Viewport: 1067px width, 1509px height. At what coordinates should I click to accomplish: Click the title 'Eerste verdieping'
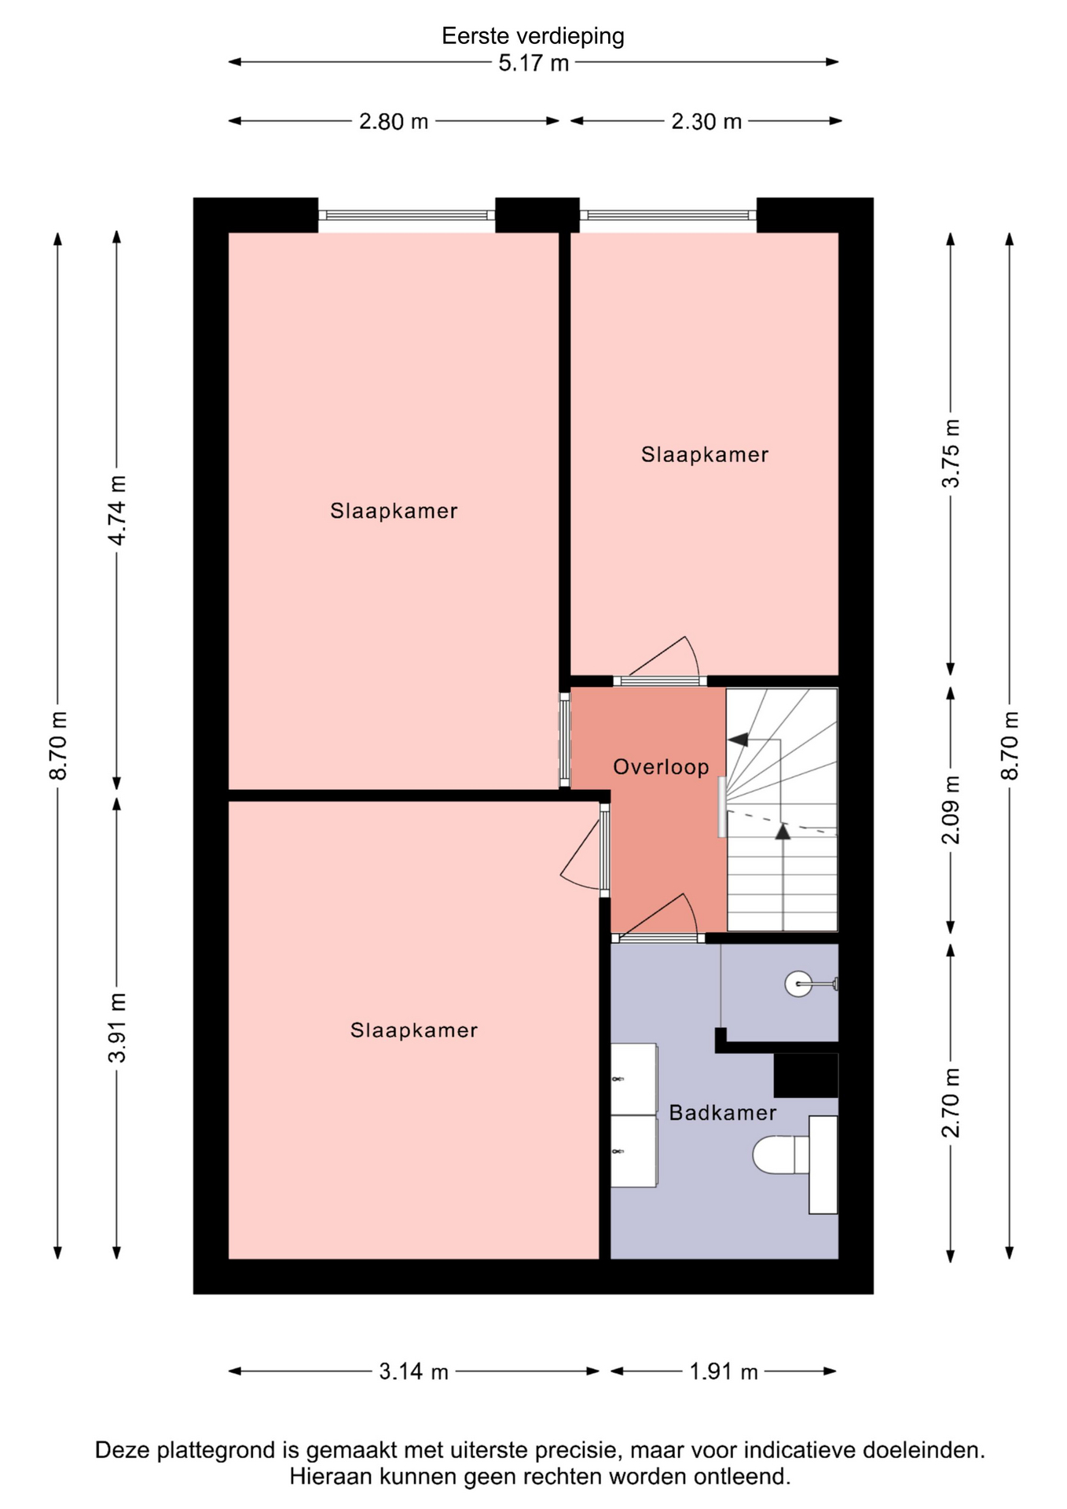(x=533, y=36)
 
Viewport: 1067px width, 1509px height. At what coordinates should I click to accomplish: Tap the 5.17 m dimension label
(x=533, y=63)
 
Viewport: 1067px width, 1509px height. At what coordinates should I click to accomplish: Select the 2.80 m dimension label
(x=394, y=122)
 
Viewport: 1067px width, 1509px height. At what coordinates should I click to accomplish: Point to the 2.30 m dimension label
(x=706, y=122)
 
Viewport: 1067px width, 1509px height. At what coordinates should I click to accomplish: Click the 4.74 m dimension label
(x=117, y=510)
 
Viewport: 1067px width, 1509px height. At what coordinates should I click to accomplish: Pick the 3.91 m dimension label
(x=117, y=1028)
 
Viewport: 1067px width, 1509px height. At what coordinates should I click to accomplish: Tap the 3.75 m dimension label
(x=951, y=453)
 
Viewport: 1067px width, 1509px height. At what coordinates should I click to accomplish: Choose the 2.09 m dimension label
(x=951, y=810)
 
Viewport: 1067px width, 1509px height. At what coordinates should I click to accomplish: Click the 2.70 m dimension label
(x=951, y=1103)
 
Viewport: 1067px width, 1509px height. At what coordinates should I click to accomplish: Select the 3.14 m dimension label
(x=413, y=1371)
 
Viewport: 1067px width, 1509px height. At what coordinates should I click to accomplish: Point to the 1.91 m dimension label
(x=724, y=1371)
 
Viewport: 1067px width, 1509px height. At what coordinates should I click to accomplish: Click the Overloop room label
(x=661, y=767)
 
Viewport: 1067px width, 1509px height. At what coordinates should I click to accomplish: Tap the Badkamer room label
(x=723, y=1113)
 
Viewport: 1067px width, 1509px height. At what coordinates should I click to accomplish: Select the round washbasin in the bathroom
(x=798, y=984)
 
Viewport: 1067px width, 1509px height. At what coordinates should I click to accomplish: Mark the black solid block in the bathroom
(x=806, y=1075)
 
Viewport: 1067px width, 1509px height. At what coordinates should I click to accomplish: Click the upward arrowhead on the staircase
(x=783, y=832)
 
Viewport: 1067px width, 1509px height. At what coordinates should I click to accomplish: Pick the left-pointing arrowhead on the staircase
(x=737, y=739)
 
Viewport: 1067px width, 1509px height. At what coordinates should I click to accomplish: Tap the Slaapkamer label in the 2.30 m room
(x=705, y=454)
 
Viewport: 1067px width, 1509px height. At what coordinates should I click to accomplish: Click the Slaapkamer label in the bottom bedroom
(x=414, y=1030)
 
